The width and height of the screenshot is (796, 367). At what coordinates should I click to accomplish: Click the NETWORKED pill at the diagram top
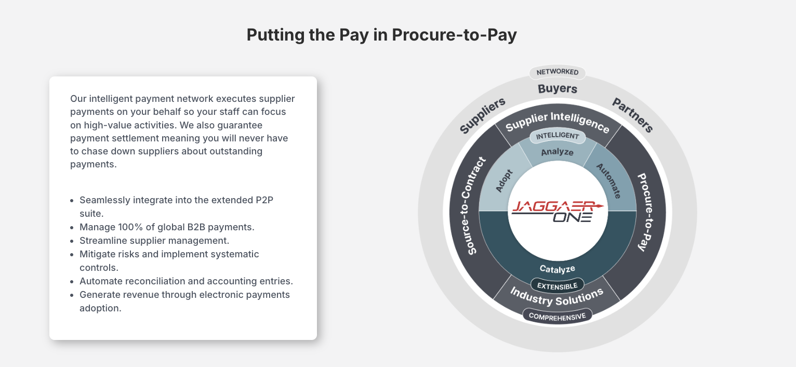[557, 72]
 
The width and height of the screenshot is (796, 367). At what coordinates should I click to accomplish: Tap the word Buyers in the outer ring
[557, 88]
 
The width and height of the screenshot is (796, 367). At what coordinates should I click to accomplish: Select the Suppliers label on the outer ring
[482, 115]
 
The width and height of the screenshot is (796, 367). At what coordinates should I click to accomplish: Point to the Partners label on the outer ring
[632, 115]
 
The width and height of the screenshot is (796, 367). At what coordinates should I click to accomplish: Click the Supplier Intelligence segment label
[557, 122]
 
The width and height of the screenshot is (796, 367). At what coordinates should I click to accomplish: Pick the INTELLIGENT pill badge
[557, 136]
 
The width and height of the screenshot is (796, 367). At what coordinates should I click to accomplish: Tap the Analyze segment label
[557, 152]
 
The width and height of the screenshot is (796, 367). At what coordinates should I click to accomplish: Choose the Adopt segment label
[504, 181]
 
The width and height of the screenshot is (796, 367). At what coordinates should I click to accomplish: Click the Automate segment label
[609, 181]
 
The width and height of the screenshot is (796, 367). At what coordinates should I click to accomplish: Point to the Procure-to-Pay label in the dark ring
[646, 212]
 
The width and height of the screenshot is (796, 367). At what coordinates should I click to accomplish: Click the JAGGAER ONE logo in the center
[557, 211]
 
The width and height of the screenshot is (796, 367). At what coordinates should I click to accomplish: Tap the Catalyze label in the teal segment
[557, 269]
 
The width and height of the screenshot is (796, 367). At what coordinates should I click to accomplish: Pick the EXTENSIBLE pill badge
[557, 286]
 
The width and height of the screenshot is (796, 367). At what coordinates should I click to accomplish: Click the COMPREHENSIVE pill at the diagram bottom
[557, 316]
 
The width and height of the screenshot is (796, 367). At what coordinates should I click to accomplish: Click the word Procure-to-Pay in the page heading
[454, 35]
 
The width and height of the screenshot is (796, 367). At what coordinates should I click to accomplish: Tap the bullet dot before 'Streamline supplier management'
[72, 241]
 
